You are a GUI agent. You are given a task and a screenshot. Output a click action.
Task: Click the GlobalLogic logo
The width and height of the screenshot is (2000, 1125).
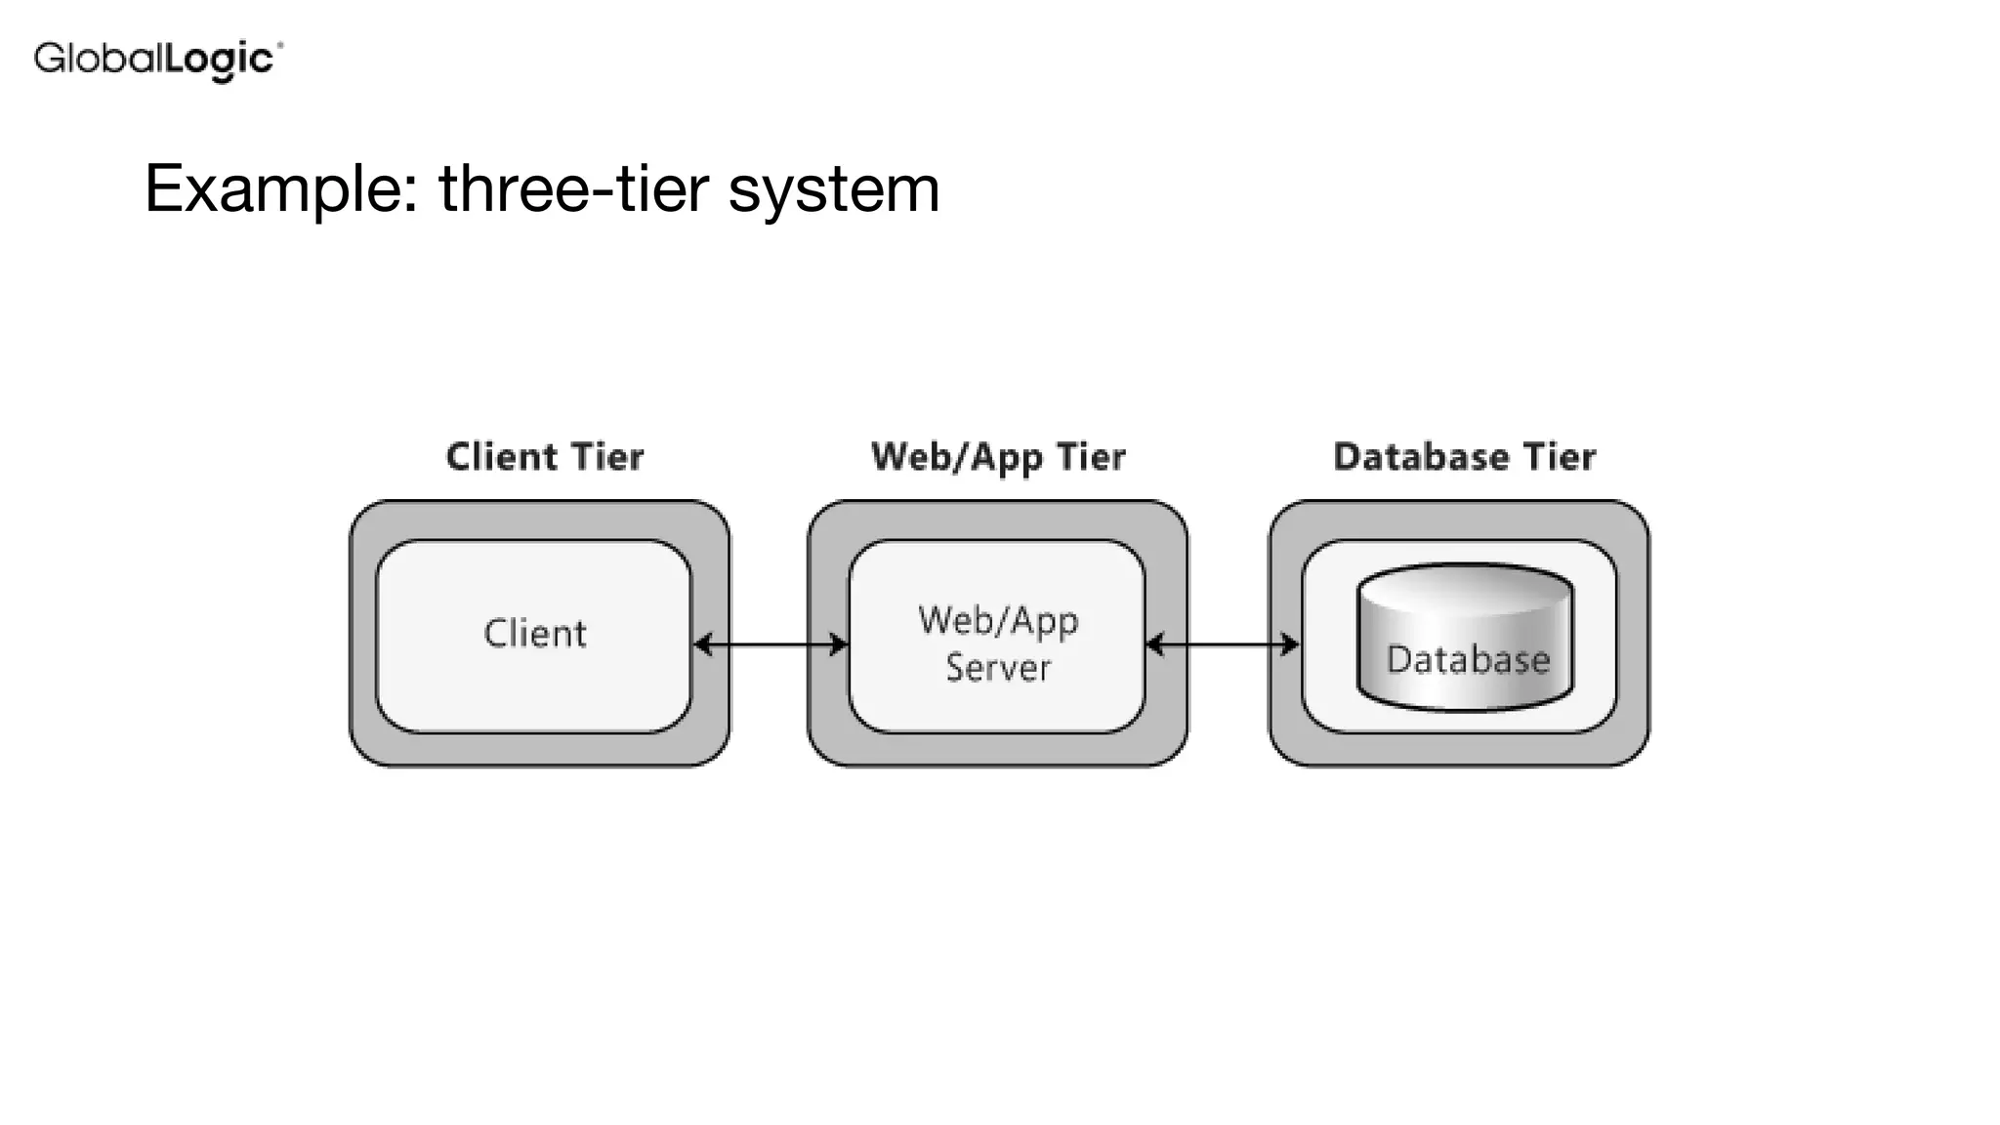click(157, 60)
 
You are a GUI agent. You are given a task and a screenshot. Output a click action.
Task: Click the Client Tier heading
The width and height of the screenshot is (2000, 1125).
click(544, 457)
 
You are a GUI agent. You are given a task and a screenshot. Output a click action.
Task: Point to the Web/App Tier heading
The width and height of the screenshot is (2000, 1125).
click(997, 457)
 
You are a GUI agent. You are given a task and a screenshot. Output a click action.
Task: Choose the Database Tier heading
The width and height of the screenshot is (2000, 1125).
click(1464, 457)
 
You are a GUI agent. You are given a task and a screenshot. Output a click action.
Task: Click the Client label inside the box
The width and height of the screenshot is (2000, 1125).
click(535, 634)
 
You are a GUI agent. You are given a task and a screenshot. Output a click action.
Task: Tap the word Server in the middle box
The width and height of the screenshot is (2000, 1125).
click(997, 668)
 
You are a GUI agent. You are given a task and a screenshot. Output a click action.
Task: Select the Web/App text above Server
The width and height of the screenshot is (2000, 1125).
click(997, 621)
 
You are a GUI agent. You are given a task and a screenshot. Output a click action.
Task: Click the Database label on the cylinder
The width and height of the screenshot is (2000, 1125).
click(1468, 660)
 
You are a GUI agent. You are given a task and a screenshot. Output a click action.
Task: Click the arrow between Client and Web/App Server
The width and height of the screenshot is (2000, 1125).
click(770, 645)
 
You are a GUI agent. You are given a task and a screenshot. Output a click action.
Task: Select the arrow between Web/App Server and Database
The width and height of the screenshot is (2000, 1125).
click(1222, 645)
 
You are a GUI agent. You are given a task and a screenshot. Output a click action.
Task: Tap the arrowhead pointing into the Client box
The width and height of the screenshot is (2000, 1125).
click(702, 645)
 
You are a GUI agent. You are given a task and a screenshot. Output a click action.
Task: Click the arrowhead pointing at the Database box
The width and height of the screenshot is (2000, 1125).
click(1290, 645)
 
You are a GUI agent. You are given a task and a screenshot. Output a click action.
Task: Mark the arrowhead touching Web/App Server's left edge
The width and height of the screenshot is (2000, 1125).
click(838, 645)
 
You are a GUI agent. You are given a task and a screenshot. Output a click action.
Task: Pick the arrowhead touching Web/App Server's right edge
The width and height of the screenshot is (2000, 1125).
click(1154, 645)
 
